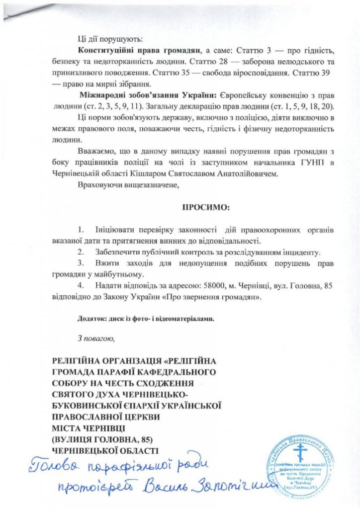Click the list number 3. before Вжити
[82, 263]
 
